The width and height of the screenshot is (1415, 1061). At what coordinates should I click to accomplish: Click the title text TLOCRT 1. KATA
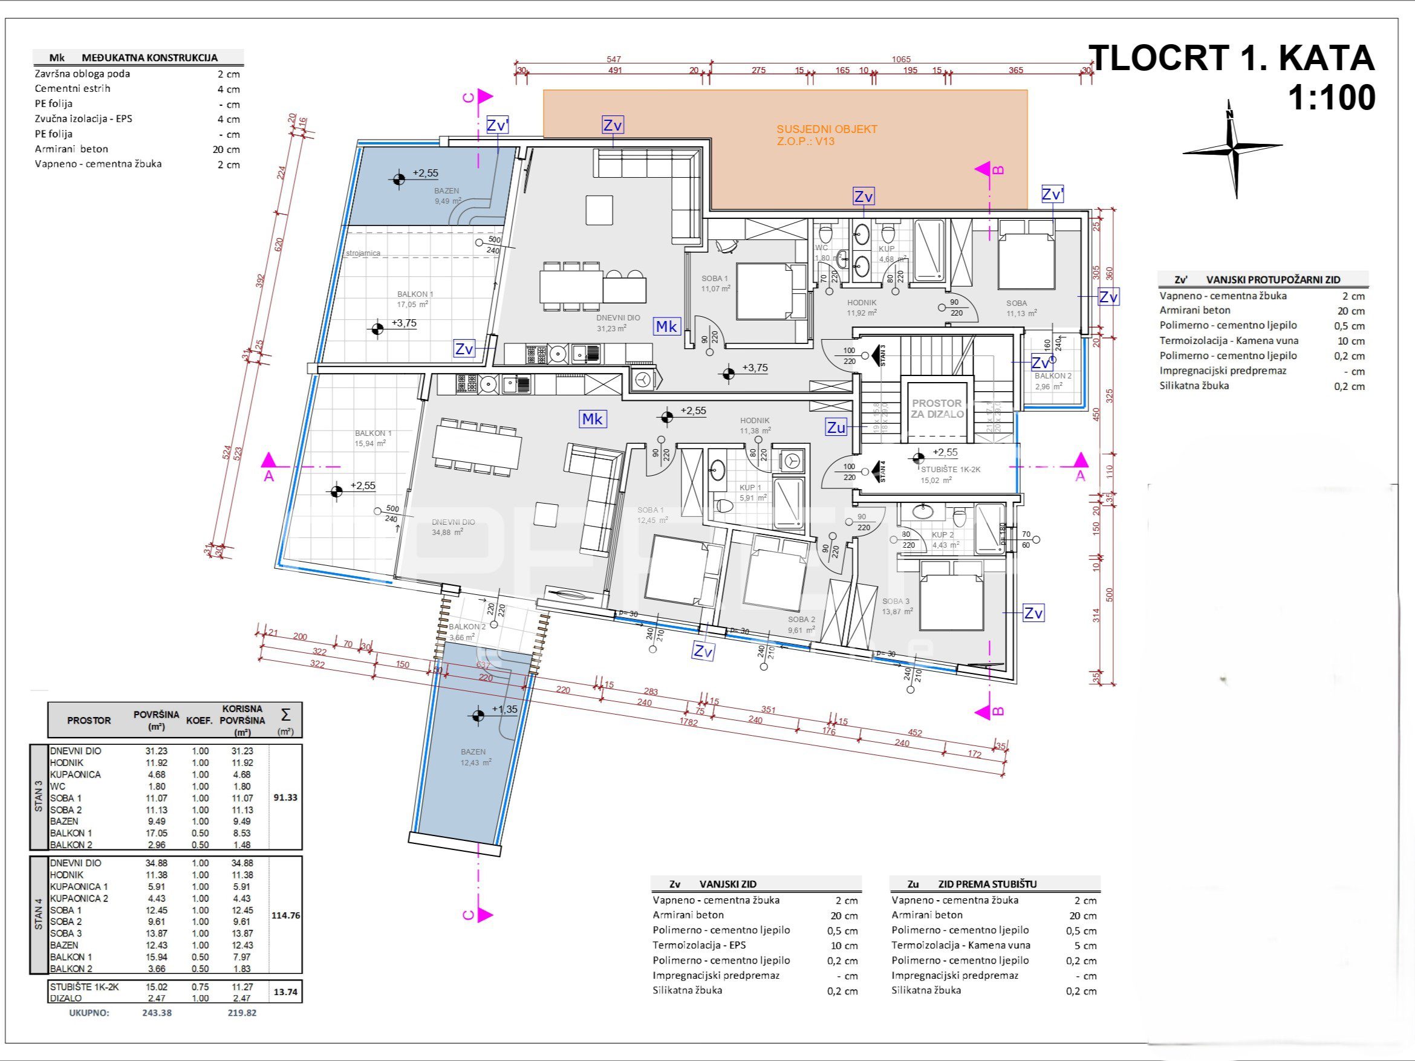(x=1231, y=58)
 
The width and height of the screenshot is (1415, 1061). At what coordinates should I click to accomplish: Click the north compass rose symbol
(x=1232, y=149)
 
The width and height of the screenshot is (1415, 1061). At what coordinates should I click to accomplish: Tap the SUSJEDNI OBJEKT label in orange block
(x=827, y=129)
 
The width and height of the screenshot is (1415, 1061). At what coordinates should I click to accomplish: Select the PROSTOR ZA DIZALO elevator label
(x=937, y=408)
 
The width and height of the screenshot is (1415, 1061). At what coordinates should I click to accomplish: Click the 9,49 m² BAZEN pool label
(x=447, y=196)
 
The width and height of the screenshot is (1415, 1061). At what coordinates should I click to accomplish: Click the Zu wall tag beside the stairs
(x=836, y=428)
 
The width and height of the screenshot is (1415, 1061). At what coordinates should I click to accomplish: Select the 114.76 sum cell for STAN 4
(x=285, y=916)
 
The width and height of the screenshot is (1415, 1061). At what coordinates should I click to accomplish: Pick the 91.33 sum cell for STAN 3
(x=285, y=797)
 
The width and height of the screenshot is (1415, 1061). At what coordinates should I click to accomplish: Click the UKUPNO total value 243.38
(x=157, y=1013)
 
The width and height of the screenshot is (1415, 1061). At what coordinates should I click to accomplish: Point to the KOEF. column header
(x=200, y=721)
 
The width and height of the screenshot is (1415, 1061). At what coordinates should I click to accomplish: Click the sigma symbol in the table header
(x=285, y=715)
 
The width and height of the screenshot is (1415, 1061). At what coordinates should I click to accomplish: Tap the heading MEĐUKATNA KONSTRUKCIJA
(x=150, y=57)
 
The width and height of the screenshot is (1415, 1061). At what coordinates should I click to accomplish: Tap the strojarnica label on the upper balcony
(x=363, y=253)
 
